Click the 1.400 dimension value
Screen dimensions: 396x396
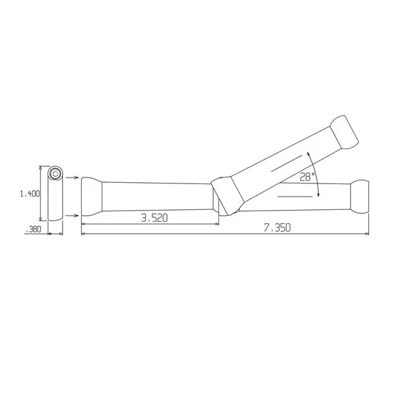tap(30, 193)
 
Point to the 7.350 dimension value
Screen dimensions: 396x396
tap(278, 227)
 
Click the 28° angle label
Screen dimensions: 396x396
tap(307, 177)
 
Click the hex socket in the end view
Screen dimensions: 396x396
tap(55, 174)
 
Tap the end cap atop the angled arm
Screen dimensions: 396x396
tap(345, 132)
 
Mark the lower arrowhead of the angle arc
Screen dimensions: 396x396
tap(318, 196)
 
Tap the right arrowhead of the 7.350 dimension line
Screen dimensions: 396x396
tap(366, 234)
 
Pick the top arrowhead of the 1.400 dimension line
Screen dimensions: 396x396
tap(42, 166)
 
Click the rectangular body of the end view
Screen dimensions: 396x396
tap(55, 198)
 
